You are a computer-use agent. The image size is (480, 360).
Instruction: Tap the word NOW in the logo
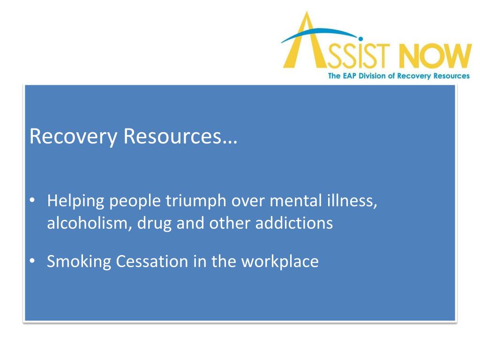pos(436,57)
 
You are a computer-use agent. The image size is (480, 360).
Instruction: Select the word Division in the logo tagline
pos(372,76)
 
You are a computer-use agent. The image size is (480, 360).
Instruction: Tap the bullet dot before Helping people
pos(31,201)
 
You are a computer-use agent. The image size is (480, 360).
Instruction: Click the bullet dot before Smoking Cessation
pos(31,261)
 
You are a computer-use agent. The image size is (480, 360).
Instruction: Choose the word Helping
pos(75,202)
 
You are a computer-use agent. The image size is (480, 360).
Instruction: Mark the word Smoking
pos(79,262)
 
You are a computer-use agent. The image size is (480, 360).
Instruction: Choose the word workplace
pos(280,262)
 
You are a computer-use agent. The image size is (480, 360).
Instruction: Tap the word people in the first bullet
pos(135,202)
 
